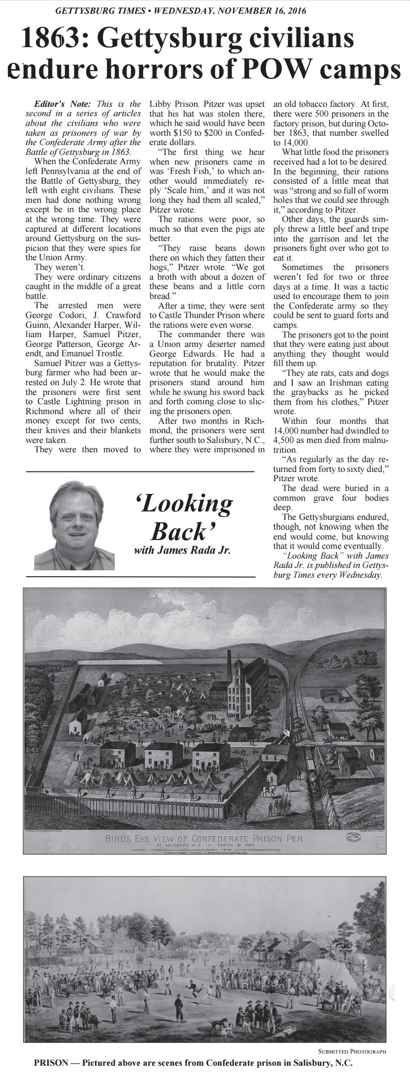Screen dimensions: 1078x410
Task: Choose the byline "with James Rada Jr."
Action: pyautogui.click(x=182, y=551)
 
